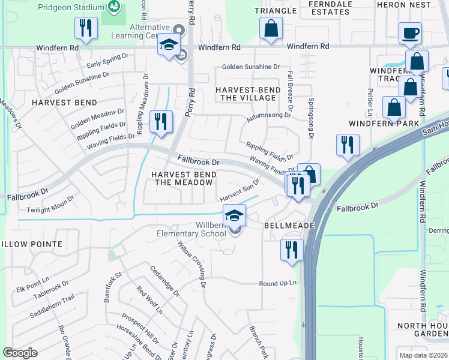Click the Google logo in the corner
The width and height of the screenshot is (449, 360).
[20, 353]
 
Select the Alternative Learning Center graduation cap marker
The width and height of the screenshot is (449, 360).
[169, 45]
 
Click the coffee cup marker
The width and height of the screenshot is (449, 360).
[411, 34]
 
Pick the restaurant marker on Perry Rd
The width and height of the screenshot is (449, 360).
[161, 122]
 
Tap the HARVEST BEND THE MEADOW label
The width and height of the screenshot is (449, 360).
[183, 178]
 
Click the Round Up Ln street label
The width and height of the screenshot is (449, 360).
[278, 283]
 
